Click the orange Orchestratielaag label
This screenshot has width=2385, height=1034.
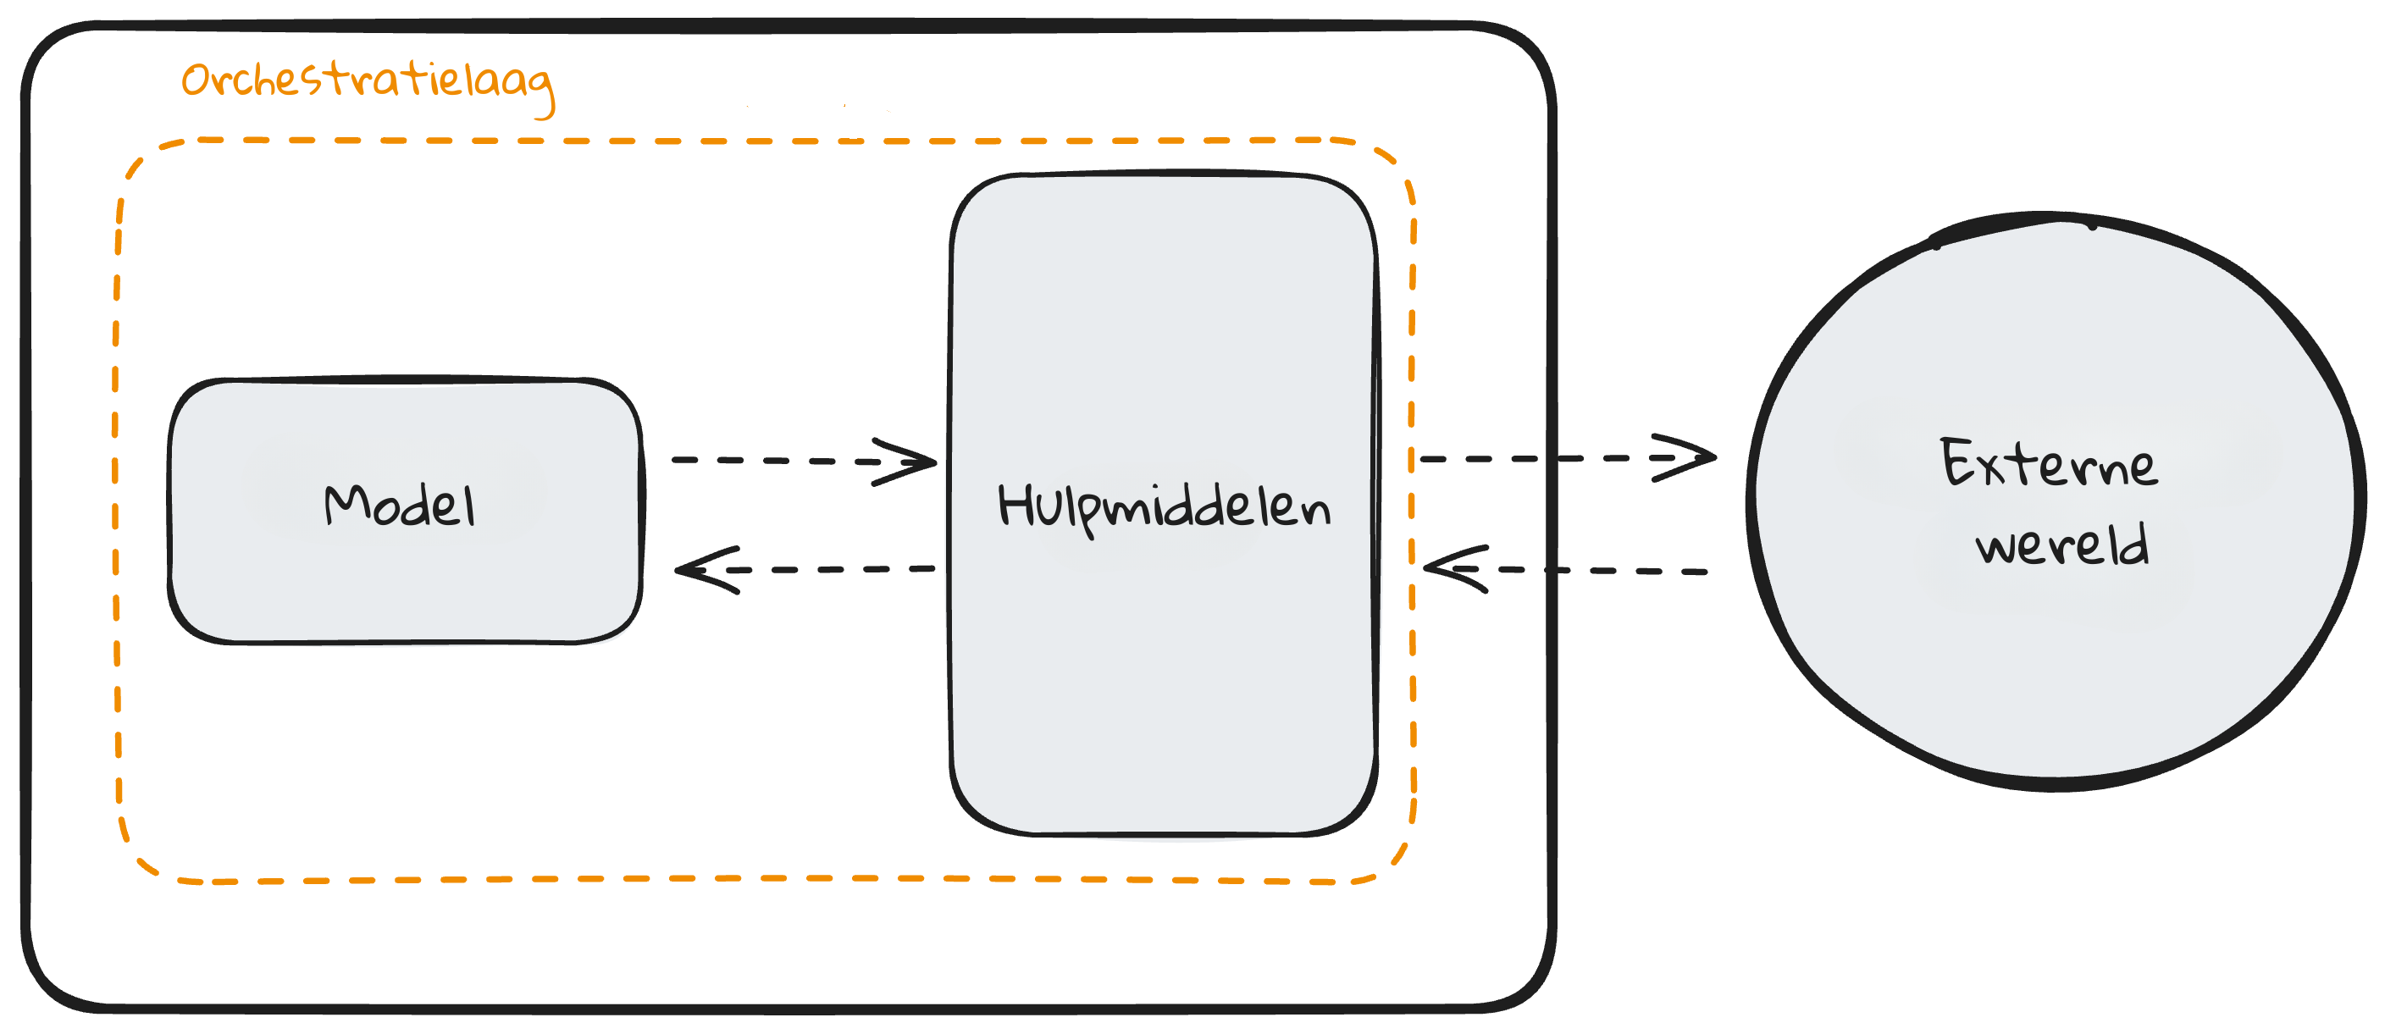367,83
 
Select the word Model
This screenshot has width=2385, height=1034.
400,506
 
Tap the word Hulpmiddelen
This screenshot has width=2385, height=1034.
1163,507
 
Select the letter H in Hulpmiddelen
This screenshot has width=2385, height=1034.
1015,506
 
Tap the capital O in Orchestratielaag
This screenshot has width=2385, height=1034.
196,80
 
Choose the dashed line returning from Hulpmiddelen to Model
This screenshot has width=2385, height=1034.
833,569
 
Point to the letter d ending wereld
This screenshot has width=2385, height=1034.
2137,545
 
